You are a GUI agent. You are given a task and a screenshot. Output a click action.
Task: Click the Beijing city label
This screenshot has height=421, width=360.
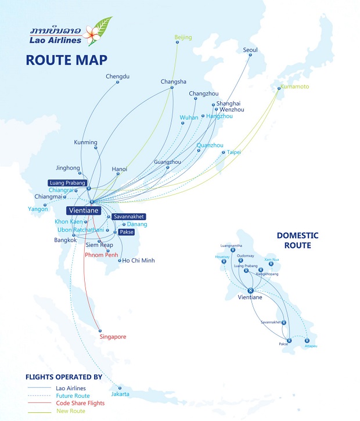(x=183, y=38)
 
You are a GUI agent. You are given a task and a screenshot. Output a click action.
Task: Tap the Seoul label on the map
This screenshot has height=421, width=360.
(x=250, y=50)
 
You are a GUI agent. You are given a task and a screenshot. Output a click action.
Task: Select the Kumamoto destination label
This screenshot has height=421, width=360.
(x=295, y=87)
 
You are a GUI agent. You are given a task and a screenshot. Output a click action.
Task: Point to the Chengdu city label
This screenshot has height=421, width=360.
(x=117, y=76)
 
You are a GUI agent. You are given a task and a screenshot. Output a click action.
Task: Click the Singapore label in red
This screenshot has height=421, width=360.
(x=113, y=337)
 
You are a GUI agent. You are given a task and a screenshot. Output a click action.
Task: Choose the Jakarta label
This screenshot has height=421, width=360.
(x=120, y=395)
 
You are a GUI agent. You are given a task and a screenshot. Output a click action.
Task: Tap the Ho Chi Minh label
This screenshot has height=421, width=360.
(x=138, y=260)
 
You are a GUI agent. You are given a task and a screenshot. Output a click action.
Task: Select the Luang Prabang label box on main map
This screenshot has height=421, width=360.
(x=67, y=183)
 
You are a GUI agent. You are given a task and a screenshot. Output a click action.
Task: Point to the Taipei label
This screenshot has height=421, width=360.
(x=233, y=152)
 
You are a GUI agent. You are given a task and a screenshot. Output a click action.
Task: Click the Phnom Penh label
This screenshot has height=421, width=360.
(x=102, y=254)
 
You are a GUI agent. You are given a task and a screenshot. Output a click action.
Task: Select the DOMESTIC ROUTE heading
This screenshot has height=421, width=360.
(x=297, y=240)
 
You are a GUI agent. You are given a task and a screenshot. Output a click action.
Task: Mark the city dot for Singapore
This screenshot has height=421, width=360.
(x=100, y=330)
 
